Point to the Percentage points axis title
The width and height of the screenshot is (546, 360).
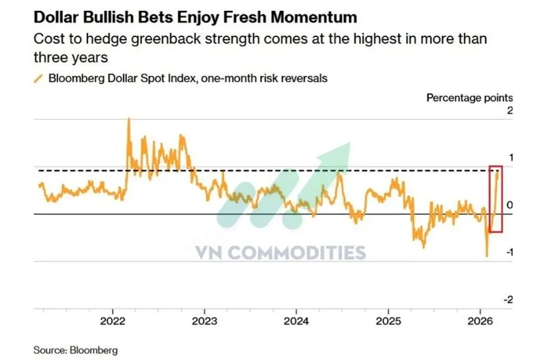[x=470, y=98]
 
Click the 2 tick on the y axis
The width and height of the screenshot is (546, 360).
[x=508, y=111]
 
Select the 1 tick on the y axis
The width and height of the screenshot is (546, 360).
[x=508, y=158]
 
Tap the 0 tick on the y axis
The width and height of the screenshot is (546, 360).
[x=508, y=206]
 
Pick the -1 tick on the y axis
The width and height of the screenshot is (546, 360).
[x=507, y=253]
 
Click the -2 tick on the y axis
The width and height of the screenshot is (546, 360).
[x=507, y=300]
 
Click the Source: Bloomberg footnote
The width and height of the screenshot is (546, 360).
[x=72, y=350]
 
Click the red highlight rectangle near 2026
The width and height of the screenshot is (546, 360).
[x=496, y=198]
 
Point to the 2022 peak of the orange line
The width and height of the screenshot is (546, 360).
[x=129, y=120]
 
